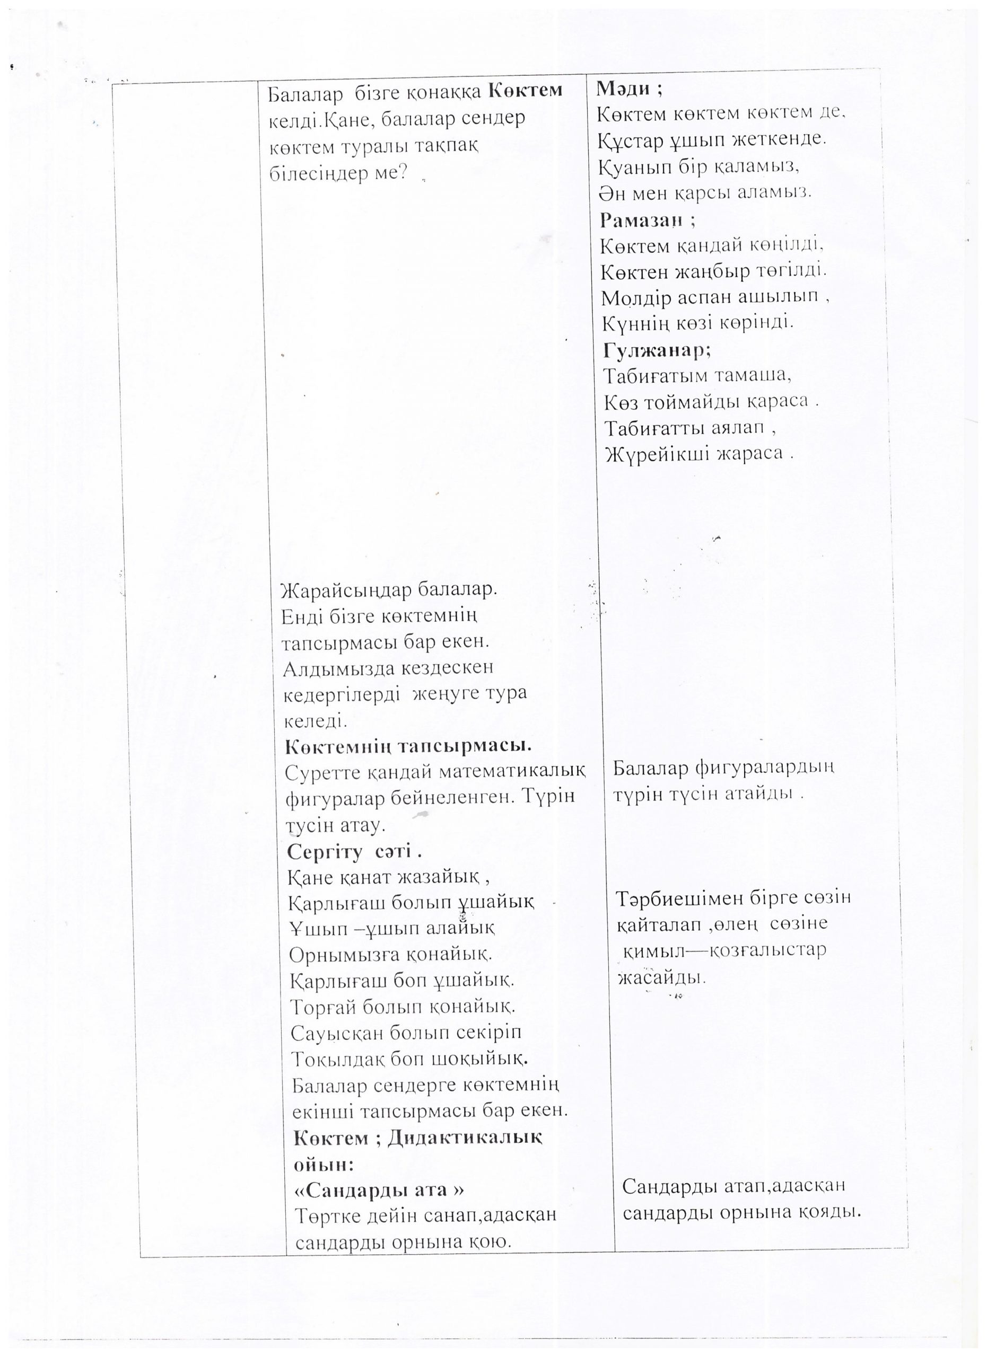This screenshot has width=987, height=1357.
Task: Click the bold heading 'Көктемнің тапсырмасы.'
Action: click(408, 746)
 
